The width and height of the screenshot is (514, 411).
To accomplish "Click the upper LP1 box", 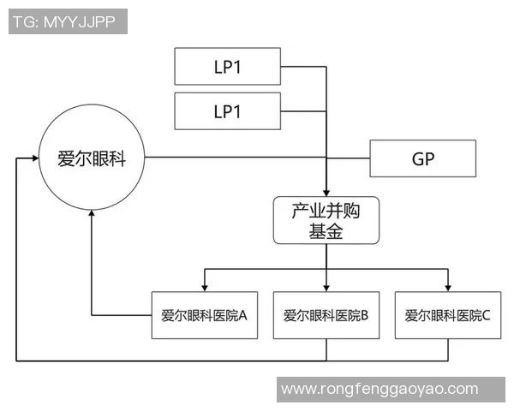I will [x=227, y=67].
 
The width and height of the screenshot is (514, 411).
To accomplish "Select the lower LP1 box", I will [x=227, y=111].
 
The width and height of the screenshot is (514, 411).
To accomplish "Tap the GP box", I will [x=422, y=158].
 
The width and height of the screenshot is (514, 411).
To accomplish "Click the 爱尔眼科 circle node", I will [x=91, y=158].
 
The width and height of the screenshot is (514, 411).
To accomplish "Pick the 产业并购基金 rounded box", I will [x=326, y=220].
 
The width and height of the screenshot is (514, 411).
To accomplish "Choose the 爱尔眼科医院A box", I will [x=204, y=314].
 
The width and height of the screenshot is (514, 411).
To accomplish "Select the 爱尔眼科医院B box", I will [x=326, y=314].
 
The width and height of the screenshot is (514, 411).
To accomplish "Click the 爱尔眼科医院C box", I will [x=448, y=314].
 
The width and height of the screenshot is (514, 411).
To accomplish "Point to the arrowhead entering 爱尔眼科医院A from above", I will [x=204, y=286].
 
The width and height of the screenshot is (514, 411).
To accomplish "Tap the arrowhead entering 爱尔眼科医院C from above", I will [x=448, y=286].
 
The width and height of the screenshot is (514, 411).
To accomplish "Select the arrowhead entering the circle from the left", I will [x=34, y=158].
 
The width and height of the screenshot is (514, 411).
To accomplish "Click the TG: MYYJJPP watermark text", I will [x=69, y=21].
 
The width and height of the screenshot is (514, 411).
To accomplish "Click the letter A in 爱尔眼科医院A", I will [x=242, y=315].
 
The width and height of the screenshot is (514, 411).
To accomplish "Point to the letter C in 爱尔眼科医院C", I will [x=487, y=315].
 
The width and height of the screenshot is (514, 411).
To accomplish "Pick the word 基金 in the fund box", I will [x=326, y=230].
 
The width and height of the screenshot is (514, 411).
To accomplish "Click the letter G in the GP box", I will [x=416, y=158].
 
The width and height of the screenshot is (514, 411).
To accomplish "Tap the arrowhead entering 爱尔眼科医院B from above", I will [x=326, y=286].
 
